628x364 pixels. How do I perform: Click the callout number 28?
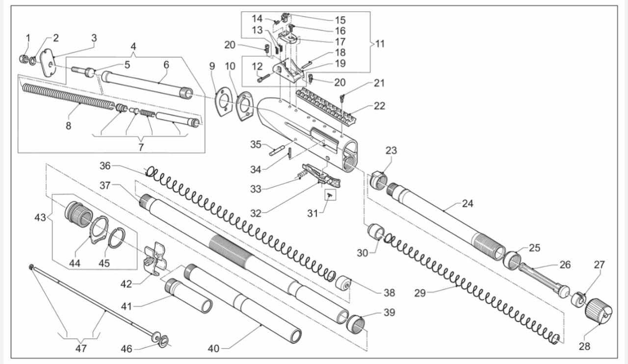584,346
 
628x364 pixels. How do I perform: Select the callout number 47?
81,348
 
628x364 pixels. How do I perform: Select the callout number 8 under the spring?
68,126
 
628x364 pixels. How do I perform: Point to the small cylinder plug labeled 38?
344,283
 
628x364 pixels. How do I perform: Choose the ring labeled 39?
357,324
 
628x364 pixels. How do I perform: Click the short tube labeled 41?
189,296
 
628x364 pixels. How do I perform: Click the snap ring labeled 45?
116,238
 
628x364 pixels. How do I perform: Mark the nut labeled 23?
379,180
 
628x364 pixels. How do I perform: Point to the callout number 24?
468,203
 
